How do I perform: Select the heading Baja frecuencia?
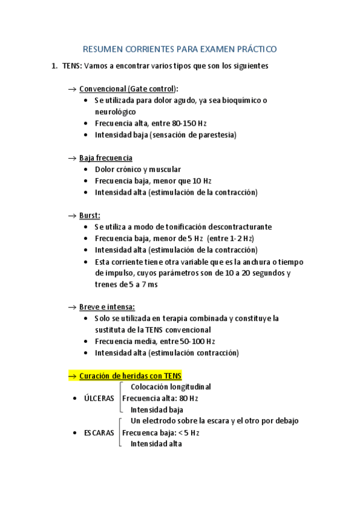coord(106,158)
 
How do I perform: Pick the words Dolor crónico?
coord(118,170)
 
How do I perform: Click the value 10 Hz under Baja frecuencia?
coord(202,181)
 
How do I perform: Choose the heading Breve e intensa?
coord(107,307)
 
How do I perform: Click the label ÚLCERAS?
coord(99,398)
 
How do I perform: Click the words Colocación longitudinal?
coord(171,387)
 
